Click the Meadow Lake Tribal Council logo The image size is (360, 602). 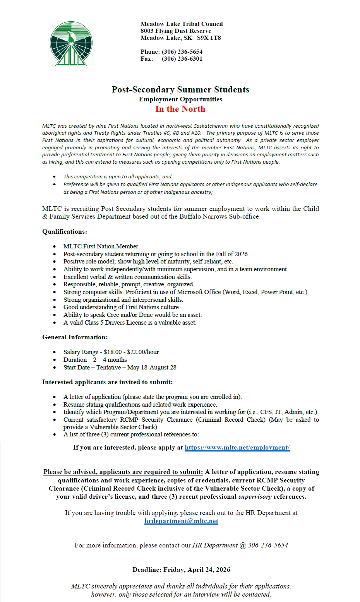[x=71, y=44]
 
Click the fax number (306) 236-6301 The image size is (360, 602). [x=182, y=59]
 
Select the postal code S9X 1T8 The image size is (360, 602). [x=209, y=38]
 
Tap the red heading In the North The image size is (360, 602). [x=180, y=109]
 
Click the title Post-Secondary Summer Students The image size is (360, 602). [x=180, y=90]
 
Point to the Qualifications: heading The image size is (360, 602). [x=65, y=232]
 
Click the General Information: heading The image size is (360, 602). [x=75, y=337]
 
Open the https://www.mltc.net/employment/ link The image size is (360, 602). [x=237, y=448]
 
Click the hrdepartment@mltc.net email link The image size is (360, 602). [x=181, y=521]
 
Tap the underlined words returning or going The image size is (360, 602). [x=149, y=254]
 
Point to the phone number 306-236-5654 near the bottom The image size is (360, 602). [x=268, y=546]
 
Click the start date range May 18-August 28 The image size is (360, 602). [x=152, y=368]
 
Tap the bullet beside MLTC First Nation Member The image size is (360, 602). [x=55, y=246]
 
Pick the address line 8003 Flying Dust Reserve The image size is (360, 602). [x=176, y=31]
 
